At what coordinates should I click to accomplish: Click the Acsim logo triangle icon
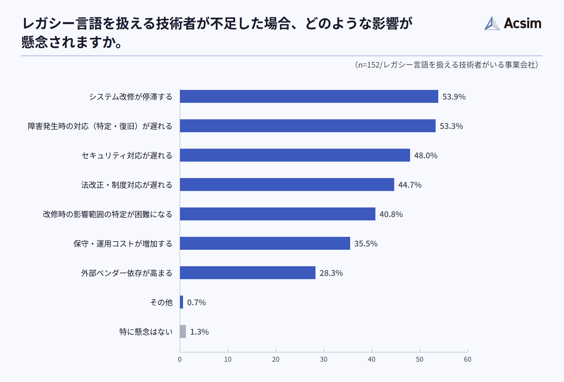pos(492,24)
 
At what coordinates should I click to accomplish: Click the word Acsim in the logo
pos(522,23)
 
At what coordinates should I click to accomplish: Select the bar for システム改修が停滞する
pos(309,96)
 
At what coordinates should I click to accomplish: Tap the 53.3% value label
pos(451,126)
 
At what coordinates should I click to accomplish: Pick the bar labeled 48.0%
pos(295,155)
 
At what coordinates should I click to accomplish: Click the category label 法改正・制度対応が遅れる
pos(127,185)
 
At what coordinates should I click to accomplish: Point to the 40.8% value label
pos(391,214)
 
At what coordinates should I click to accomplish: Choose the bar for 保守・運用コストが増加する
pos(265,243)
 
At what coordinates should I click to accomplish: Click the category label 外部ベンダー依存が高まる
pos(127,273)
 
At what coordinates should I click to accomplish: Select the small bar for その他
pos(182,302)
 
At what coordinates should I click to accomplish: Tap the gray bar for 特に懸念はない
pos(183,331)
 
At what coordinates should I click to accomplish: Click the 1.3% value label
pos(199,332)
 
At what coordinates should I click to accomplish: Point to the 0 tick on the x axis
pos(180,359)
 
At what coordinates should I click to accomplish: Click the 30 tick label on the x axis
pos(323,359)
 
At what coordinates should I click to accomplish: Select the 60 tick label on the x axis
pos(467,359)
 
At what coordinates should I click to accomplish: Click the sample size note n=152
pos(446,65)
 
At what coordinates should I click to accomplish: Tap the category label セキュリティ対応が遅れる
pos(127,155)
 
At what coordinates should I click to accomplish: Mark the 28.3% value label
pos(331,273)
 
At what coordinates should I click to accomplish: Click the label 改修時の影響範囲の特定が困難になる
pos(108,214)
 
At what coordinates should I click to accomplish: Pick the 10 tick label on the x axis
pos(228,359)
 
